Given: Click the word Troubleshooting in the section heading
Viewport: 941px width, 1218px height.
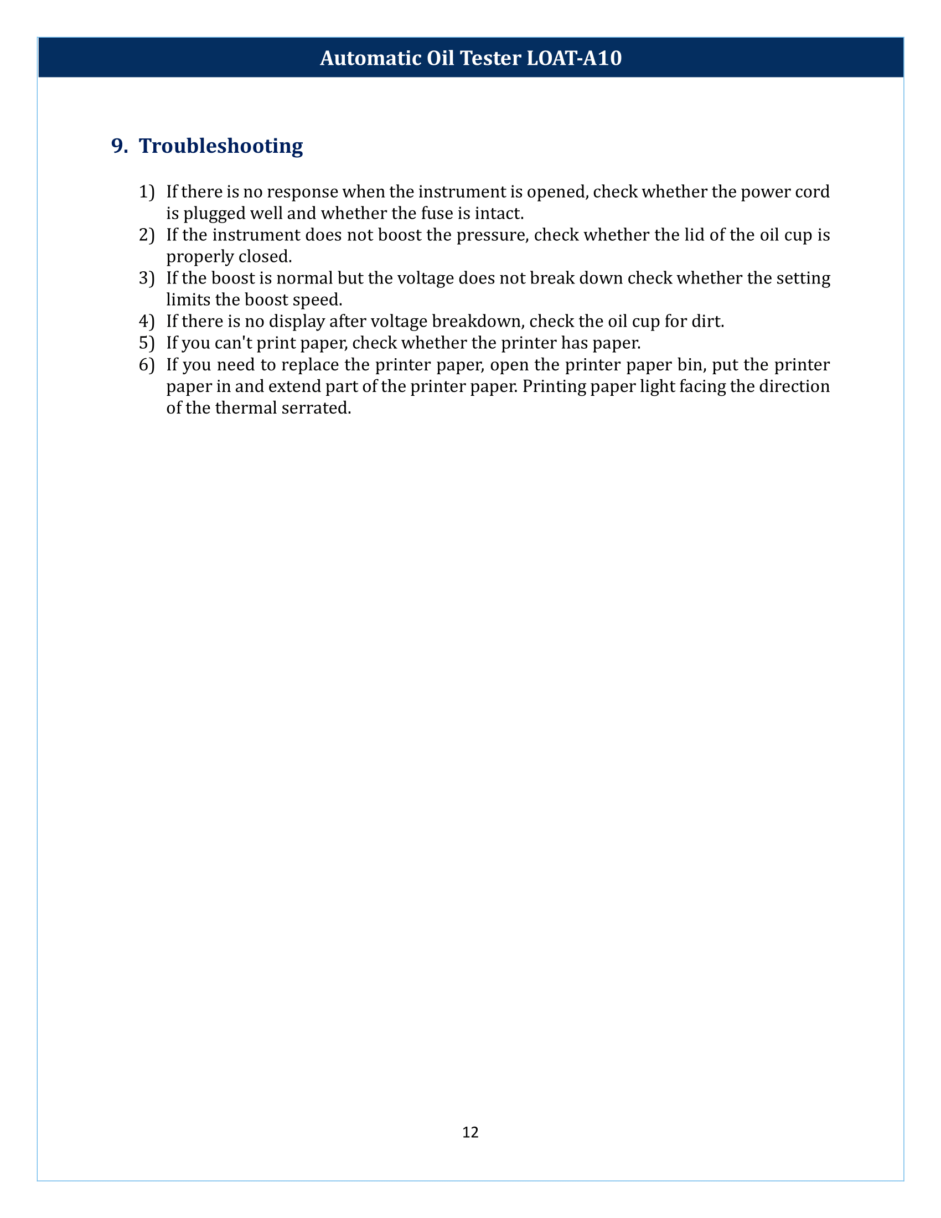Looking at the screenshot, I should point(221,146).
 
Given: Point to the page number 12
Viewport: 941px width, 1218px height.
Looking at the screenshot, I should point(470,1132).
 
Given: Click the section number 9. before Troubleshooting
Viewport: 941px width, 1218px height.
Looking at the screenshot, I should point(120,146).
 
